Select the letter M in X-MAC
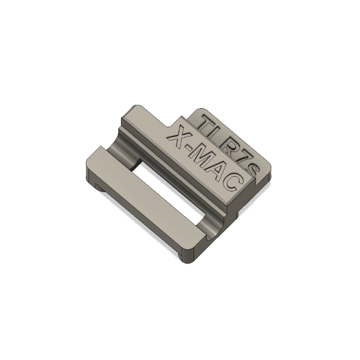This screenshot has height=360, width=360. [x=204, y=159]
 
